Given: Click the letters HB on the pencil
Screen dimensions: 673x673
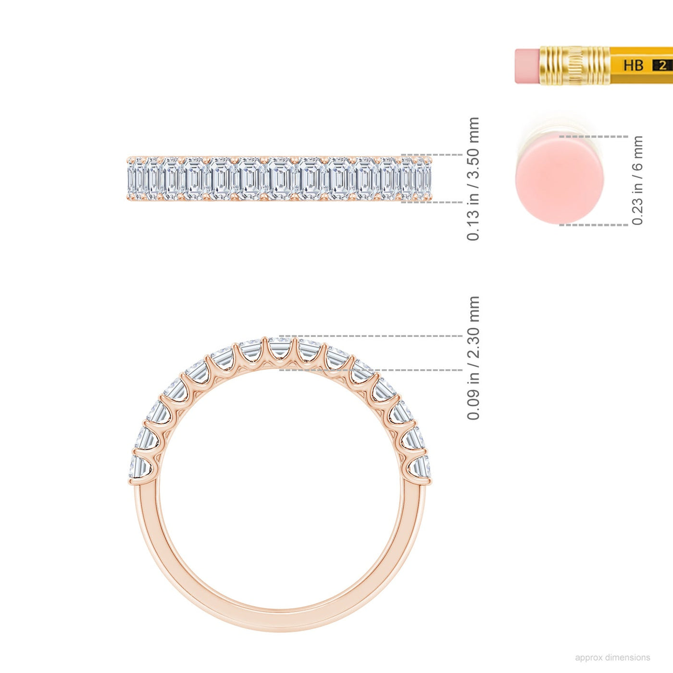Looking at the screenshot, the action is pos(633,65).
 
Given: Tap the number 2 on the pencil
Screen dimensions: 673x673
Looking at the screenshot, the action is pos(662,65).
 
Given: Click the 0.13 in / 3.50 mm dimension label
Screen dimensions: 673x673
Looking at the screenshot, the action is pos(473,179).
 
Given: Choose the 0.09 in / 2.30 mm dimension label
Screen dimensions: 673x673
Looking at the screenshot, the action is pos(473,358).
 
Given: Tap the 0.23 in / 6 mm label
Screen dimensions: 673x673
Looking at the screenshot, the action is pos(638,180).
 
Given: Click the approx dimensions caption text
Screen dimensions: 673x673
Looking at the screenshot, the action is pos(612,658).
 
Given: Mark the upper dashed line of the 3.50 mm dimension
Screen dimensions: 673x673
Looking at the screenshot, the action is pos(432,154).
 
